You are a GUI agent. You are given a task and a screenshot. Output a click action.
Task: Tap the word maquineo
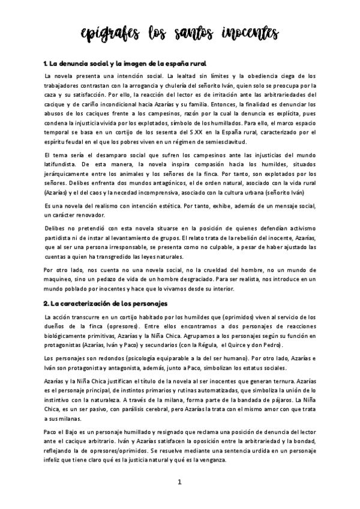61,279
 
